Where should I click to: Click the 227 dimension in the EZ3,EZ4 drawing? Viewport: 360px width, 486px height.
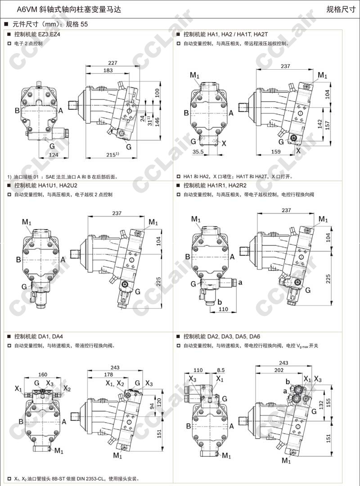pos(113,63)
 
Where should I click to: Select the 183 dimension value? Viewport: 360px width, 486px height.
pos(108,71)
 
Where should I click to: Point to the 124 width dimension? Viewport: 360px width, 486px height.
pos(54,155)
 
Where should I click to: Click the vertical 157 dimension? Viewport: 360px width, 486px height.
pos(333,124)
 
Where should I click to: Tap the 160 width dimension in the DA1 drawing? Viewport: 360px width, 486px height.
pos(43,374)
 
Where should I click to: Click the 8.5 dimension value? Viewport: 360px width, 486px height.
pos(220,370)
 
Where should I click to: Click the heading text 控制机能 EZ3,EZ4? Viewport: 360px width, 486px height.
pos(37,34)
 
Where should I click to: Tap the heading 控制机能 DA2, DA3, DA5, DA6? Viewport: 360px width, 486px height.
pos(221,336)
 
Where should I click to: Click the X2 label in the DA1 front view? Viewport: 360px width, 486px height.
pos(67,388)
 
